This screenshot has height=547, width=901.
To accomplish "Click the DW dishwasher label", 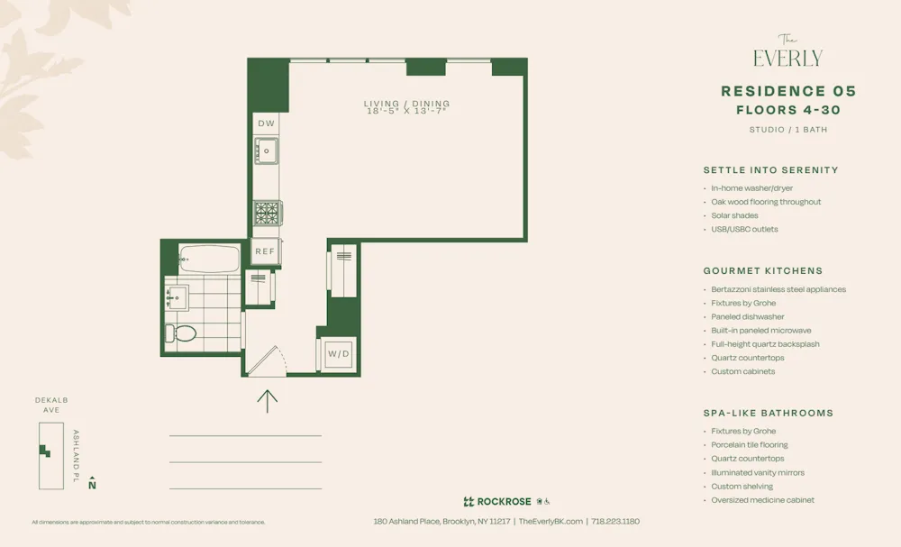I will (266, 123).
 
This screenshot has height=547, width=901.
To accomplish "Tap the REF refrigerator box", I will (264, 251).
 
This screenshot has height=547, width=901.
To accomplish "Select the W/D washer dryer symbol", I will (339, 354).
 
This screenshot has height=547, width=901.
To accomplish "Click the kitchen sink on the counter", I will (266, 150).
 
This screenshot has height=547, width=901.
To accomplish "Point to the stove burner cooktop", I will (267, 213).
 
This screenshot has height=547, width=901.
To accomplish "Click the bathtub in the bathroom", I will (209, 259).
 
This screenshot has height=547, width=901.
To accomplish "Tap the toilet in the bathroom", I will (183, 333).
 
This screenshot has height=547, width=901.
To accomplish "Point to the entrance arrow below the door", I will (268, 400).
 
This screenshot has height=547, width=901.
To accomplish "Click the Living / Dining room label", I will (406, 104).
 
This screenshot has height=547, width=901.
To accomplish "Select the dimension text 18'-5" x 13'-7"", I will (407, 112).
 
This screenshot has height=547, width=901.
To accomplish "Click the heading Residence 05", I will (788, 91).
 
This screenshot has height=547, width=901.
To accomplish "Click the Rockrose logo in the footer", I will (496, 502).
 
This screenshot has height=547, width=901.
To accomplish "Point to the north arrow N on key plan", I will (92, 485).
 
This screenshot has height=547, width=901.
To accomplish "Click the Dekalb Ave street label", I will (51, 405).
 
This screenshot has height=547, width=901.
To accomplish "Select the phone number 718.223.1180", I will (615, 522).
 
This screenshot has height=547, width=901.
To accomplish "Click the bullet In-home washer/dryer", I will (751, 188).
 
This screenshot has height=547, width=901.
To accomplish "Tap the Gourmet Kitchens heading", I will (762, 270).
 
